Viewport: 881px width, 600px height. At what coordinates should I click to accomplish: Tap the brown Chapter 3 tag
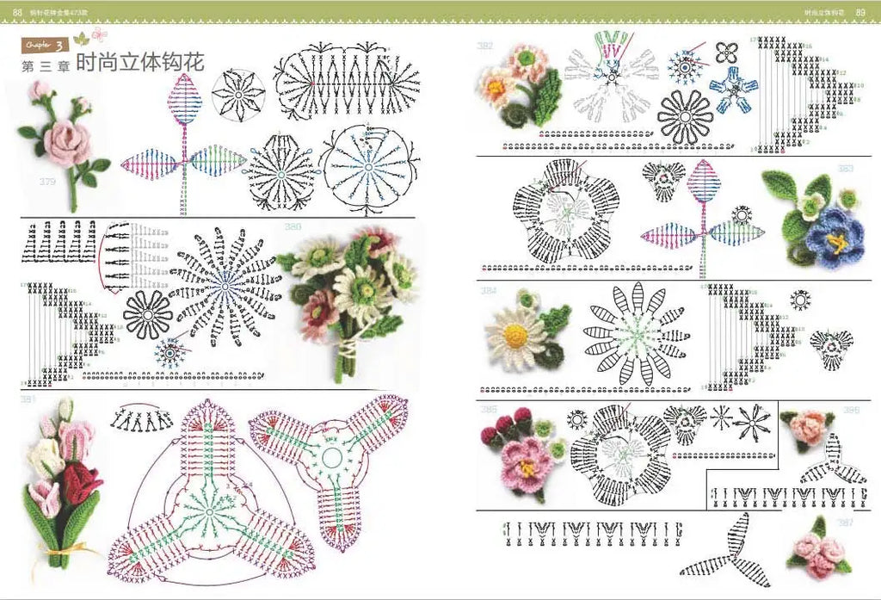(x=45, y=44)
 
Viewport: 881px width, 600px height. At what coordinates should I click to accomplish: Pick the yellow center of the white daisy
(x=514, y=335)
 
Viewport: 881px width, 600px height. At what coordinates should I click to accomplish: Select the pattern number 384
(x=488, y=289)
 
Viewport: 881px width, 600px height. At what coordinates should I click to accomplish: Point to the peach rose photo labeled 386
(x=804, y=426)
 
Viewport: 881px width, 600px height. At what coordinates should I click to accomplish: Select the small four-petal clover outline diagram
(x=728, y=51)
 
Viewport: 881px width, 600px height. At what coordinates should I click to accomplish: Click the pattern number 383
(x=846, y=169)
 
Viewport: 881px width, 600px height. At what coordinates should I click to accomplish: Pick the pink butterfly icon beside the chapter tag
(x=100, y=35)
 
